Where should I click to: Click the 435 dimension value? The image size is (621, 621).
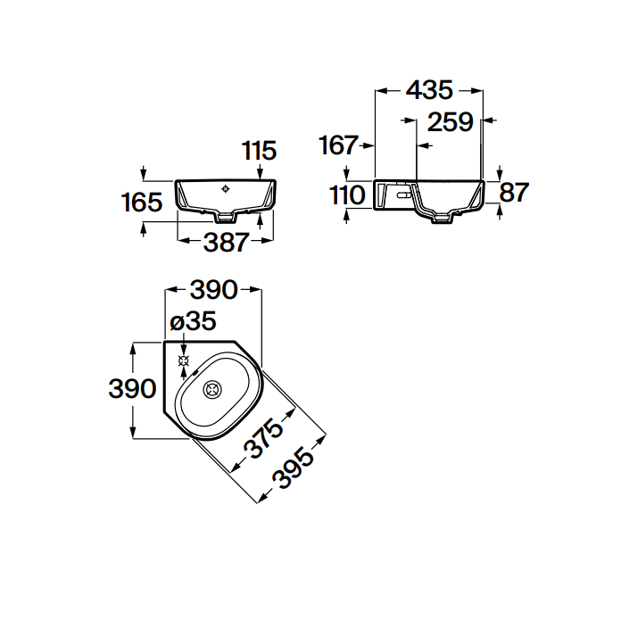(429, 90)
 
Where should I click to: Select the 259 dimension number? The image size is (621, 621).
(451, 121)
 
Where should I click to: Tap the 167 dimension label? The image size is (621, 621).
(339, 145)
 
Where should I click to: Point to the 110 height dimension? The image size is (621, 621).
(347, 195)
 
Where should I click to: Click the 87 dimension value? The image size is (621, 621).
(514, 193)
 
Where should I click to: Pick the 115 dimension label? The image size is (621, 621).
(259, 151)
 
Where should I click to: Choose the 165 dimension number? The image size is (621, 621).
(142, 202)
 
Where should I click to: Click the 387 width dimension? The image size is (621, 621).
(226, 243)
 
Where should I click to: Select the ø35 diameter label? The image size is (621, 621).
(193, 321)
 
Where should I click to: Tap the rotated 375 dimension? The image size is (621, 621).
(263, 437)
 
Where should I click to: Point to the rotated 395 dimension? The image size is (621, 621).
(293, 468)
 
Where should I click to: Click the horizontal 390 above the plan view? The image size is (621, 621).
(214, 290)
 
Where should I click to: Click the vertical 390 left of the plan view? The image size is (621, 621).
(132, 388)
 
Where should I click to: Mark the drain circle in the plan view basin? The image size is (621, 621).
(212, 390)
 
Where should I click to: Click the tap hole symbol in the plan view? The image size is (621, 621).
(184, 360)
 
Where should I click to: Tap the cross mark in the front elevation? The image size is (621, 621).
(226, 189)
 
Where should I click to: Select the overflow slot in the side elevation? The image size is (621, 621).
(404, 195)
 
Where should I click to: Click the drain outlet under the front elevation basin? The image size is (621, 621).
(226, 217)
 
